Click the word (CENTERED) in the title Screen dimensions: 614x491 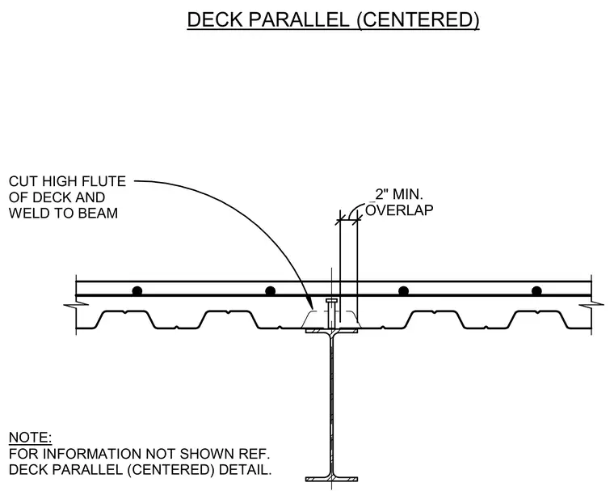[418, 20]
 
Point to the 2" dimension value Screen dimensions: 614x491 [381, 194]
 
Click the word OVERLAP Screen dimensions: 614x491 [399, 210]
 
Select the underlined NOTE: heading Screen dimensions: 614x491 [30, 438]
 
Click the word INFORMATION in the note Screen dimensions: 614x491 [91, 454]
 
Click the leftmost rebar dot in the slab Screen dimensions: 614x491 [137, 291]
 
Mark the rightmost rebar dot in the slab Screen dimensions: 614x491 [536, 291]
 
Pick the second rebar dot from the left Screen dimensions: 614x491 [270, 291]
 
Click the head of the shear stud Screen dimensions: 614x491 [332, 301]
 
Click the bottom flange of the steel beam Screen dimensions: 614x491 [332, 479]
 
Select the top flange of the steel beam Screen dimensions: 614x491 [332, 331]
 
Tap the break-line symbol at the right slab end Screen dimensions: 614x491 [591, 304]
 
